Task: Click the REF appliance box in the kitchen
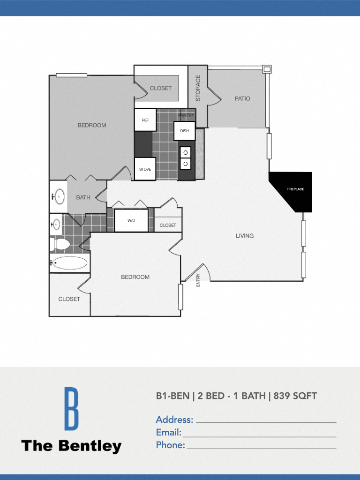point(145,120)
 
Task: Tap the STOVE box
point(145,169)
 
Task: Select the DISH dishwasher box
point(184,131)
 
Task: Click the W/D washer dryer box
point(131,220)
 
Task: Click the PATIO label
point(242,98)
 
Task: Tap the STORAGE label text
point(198,88)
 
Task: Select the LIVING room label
point(245,236)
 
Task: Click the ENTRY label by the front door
point(198,280)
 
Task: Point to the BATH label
point(83,197)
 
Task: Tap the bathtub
point(69,263)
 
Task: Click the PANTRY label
point(186,115)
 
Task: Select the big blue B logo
point(71,408)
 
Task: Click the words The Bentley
point(71,446)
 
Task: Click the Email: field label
point(169,432)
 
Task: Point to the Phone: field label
point(171,445)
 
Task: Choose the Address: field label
point(174,420)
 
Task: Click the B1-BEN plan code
point(172,396)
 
